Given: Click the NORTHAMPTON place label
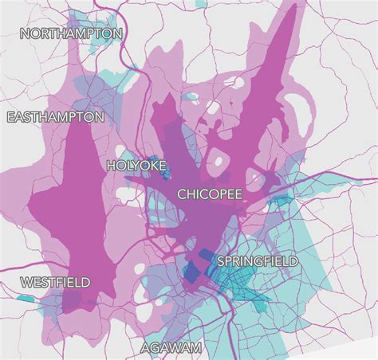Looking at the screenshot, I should pos(71,33).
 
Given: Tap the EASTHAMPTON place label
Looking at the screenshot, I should pos(55,117).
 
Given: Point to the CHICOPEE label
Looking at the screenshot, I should pos(209,194).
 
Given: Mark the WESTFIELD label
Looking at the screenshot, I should pos(55,283).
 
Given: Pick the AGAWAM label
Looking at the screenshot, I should pos(171,348).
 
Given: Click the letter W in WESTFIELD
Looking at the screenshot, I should pos(26,283).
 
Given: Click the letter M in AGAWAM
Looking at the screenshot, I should pos(196,348).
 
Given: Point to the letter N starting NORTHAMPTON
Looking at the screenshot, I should pos(25,33).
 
